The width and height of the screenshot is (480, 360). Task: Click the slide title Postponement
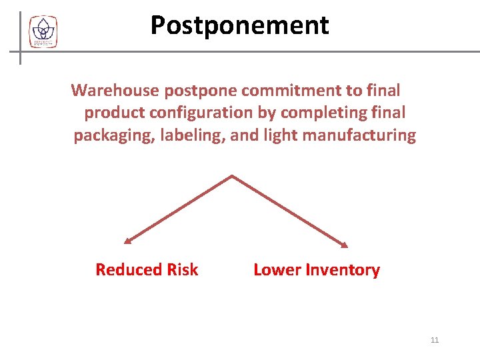tap(239, 25)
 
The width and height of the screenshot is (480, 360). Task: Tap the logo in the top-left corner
tap(43, 31)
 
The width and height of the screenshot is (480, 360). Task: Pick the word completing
tap(324, 113)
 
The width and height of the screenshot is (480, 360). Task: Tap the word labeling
tap(193, 136)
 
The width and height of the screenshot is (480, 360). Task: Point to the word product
tap(111, 113)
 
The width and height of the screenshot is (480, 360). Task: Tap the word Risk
tap(183, 270)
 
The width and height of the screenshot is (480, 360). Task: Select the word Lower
tap(277, 270)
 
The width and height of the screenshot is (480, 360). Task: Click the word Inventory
tap(343, 270)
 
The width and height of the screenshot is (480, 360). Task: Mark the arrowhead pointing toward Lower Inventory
tap(345, 245)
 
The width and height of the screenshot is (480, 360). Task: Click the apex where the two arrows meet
tap(231, 176)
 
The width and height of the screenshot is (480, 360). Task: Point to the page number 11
tap(435, 341)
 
